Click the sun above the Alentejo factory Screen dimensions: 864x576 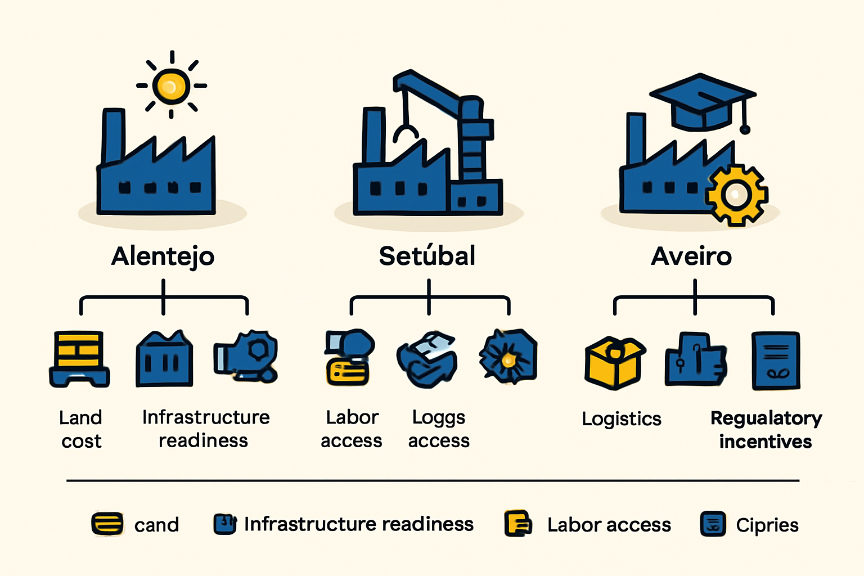tap(171, 85)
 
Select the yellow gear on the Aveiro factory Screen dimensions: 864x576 tap(736, 195)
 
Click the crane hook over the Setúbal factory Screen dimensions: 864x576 tap(406, 134)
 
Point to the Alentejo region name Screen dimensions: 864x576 tap(163, 256)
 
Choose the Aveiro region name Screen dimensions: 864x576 tap(691, 256)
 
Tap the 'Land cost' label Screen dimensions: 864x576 tap(81, 429)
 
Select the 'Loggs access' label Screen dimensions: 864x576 tap(439, 429)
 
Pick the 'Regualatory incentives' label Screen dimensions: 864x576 tap(766, 429)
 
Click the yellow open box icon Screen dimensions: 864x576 tap(615, 363)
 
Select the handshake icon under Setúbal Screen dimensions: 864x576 tap(427, 359)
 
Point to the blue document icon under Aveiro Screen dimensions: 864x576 tap(776, 361)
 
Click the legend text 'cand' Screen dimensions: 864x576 tap(156, 525)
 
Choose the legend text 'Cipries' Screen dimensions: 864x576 tap(767, 525)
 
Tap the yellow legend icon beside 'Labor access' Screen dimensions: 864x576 tap(518, 524)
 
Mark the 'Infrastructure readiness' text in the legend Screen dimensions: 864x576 tap(359, 524)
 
